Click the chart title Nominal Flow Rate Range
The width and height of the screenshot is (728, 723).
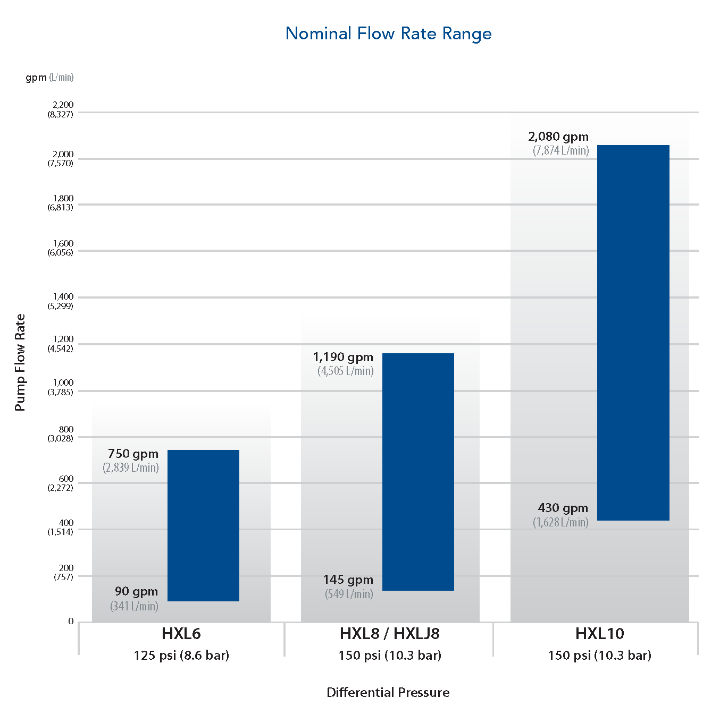click(388, 33)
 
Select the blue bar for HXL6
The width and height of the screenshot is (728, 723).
click(203, 525)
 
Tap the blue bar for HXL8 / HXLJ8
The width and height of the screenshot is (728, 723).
click(418, 472)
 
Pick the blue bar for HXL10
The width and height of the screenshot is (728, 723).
click(633, 333)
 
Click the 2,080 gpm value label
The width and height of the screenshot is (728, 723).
click(558, 137)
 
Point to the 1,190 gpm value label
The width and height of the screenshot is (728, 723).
click(343, 358)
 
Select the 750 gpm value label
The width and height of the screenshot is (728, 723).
click(133, 454)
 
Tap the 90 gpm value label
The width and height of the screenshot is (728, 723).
click(136, 592)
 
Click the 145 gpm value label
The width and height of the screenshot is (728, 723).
click(348, 580)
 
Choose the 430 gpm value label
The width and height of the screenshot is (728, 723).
click(563, 508)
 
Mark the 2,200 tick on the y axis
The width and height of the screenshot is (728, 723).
click(62, 105)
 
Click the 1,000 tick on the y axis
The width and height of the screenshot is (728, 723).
click(63, 383)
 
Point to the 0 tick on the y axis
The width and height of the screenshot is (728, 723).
click(71, 622)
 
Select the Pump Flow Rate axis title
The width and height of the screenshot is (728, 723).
click(20, 362)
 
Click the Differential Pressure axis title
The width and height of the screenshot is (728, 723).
click(388, 693)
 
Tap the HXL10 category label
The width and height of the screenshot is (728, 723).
click(599, 634)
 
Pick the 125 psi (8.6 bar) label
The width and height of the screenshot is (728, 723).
click(181, 656)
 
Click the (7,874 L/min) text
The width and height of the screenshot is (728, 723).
click(560, 151)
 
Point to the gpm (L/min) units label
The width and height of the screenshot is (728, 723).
click(49, 78)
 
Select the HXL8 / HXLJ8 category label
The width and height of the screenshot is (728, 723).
click(390, 634)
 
